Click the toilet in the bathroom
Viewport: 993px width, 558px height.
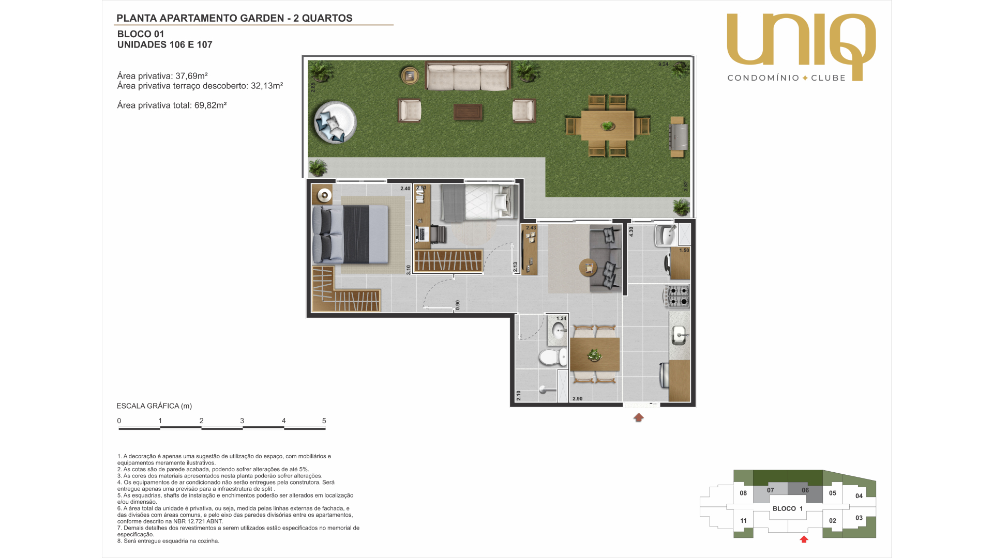(553, 357)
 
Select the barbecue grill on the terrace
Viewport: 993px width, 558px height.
(678, 133)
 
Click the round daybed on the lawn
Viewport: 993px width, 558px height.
(335, 122)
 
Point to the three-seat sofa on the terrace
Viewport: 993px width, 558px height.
(468, 76)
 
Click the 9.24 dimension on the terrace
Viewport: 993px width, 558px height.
(663, 64)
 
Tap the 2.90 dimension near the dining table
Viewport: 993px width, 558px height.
(577, 399)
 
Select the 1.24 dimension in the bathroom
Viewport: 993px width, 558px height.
(561, 318)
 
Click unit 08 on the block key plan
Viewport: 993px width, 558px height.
(743, 493)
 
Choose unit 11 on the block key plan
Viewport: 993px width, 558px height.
(743, 521)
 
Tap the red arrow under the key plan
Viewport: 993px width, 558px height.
(804, 539)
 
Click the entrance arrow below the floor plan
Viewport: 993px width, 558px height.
(639, 417)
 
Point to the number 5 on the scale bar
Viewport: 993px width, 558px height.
(324, 421)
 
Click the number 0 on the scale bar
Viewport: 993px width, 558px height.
(119, 421)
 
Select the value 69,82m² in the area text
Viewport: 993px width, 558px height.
(210, 105)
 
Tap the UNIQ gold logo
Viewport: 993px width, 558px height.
(801, 47)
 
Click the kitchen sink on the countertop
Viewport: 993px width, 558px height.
(679, 336)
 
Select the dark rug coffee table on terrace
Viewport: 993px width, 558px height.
(468, 112)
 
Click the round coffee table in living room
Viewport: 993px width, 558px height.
(588, 268)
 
